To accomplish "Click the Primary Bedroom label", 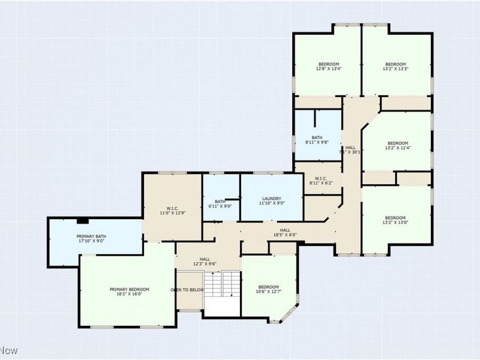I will pos(130,292).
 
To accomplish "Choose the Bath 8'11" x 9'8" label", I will pos(317,140).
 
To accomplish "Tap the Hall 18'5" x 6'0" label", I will pos(285,232).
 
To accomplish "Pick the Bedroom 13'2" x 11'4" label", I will pos(397,146).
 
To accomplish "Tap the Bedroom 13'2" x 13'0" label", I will pos(395,220).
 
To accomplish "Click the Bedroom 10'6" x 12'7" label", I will pos(269,289).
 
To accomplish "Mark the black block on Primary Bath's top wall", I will pos(82,220).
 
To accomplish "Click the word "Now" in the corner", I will pos(9,350).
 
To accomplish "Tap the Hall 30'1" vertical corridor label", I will pos(350,149).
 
